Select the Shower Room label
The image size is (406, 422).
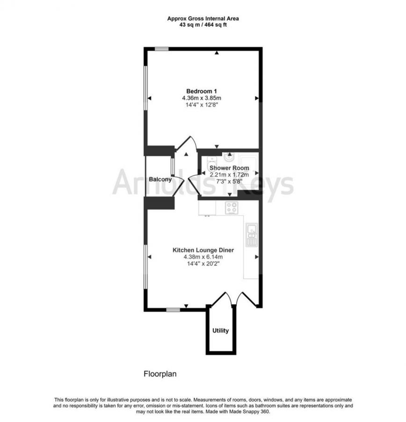(x=229, y=168)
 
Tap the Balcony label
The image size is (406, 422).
(x=159, y=179)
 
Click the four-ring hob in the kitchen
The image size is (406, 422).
(x=231, y=207)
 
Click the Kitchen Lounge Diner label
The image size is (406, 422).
(x=203, y=250)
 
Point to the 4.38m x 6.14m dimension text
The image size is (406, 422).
(x=203, y=257)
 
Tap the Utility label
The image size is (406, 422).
(x=221, y=331)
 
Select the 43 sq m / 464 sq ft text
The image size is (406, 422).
(x=203, y=25)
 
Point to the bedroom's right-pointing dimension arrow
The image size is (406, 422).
(x=257, y=98)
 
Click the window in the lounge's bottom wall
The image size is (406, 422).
(x=174, y=309)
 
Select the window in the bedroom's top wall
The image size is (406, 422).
(x=162, y=48)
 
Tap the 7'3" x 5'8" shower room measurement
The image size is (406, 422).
(x=229, y=182)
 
